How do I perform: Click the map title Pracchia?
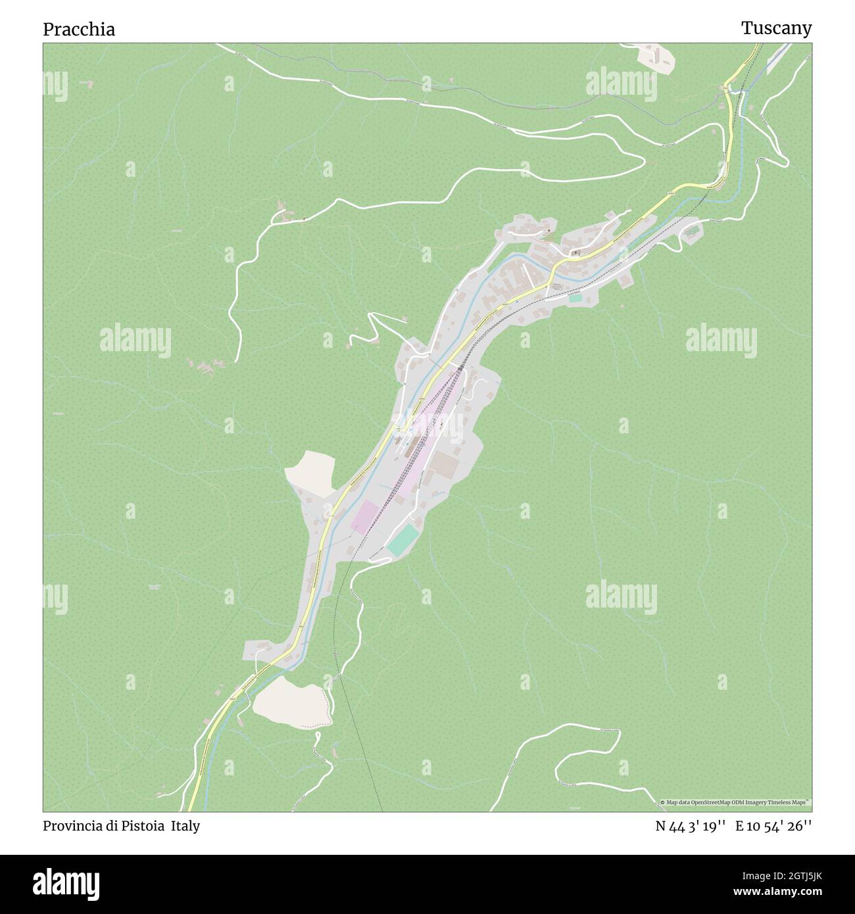coord(79,30)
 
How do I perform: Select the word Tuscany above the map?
coord(776,28)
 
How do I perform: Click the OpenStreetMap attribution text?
coord(737,802)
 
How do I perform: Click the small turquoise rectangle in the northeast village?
coord(575,299)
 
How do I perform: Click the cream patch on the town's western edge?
coord(312,473)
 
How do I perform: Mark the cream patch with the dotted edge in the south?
coord(290,701)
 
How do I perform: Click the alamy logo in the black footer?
coord(67,882)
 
